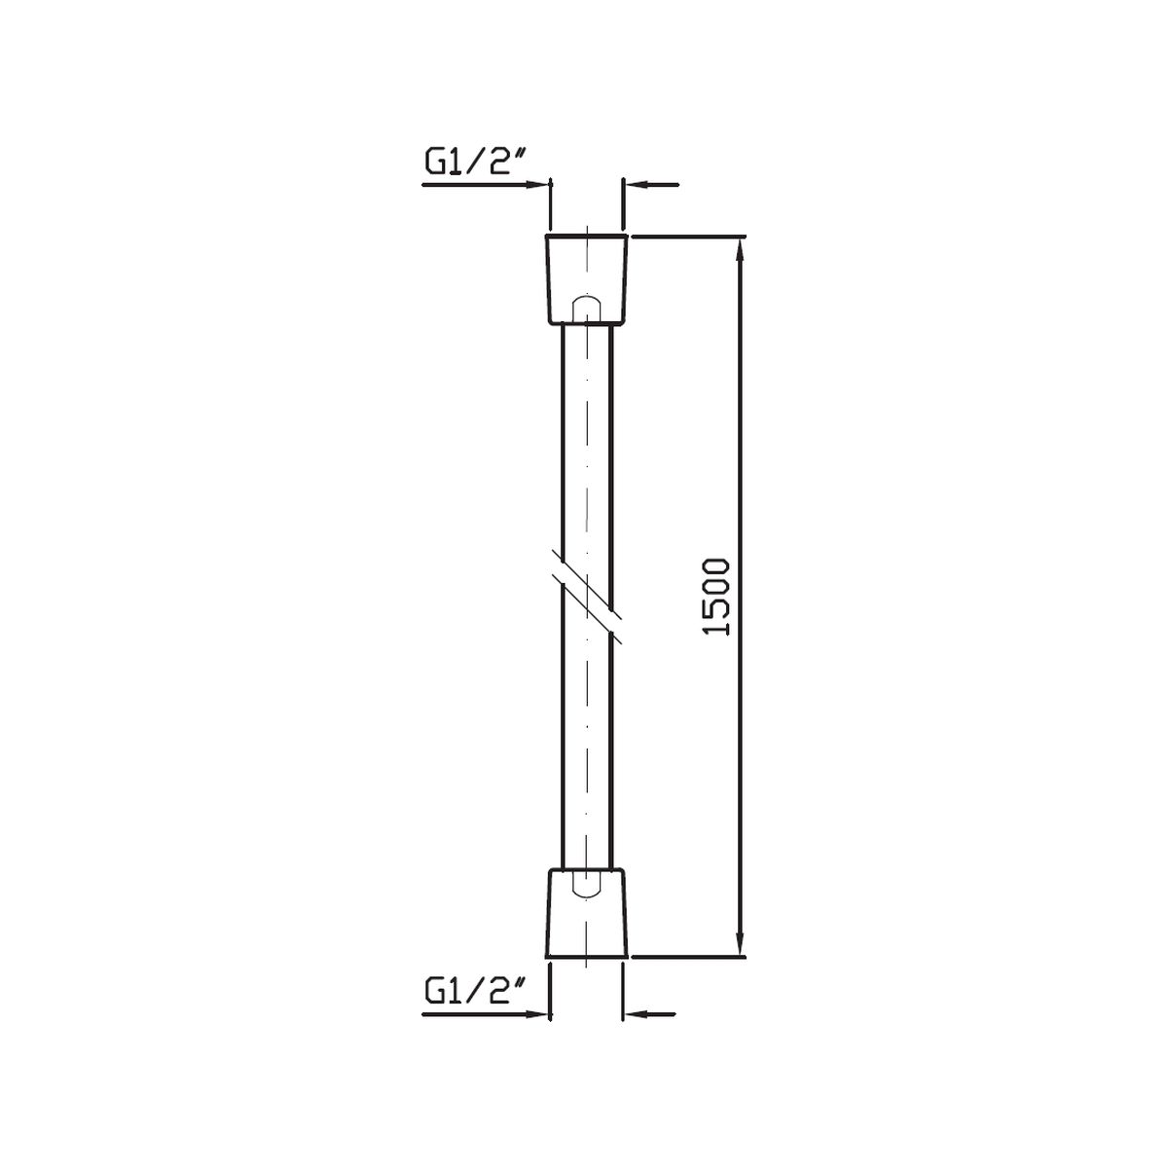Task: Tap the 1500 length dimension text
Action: pos(717,597)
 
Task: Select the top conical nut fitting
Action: pos(587,278)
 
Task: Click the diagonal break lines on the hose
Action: pos(587,597)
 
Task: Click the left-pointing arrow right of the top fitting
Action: pos(651,184)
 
